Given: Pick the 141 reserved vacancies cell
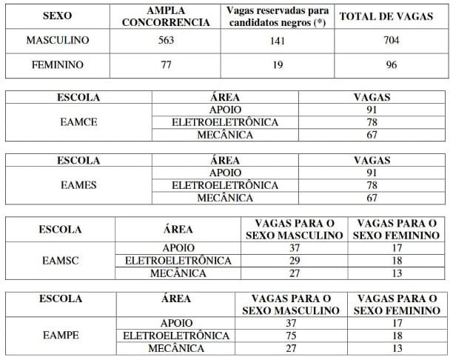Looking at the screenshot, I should [x=279, y=41].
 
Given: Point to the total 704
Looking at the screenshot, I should [x=391, y=41].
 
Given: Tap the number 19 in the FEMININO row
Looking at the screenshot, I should [x=279, y=65].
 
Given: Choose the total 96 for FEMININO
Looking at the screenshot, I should [x=391, y=65].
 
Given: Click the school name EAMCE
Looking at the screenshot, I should [x=78, y=121].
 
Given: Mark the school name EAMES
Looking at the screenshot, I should [x=78, y=184].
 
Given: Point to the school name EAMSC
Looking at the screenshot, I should [x=61, y=261].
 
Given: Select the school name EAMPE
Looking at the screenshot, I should [x=61, y=335].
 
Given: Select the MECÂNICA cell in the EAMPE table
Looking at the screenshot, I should [x=177, y=347].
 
